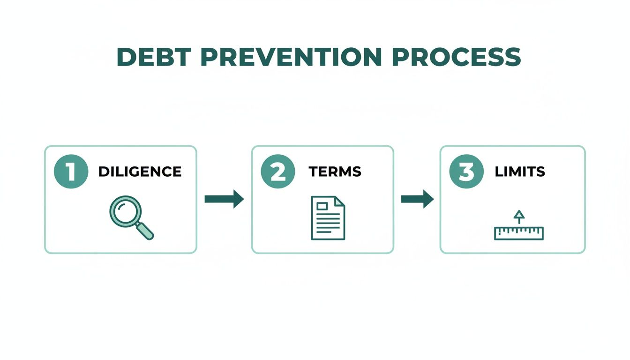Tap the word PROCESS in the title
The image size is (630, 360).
[x=456, y=57]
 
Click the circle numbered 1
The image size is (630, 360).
[x=70, y=172]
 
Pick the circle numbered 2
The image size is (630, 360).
[x=278, y=172]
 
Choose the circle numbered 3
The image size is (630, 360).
[x=466, y=172]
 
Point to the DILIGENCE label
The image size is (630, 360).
[x=140, y=172]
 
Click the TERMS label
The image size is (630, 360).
[x=335, y=172]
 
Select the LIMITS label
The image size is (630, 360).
[x=520, y=172]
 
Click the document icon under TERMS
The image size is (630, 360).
[x=328, y=218]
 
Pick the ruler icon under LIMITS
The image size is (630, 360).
[x=518, y=232]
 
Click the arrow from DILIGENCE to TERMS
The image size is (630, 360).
[x=224, y=199]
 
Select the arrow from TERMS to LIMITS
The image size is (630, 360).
[x=417, y=199]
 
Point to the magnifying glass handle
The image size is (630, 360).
[x=145, y=231]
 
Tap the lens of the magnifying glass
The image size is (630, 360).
[x=124, y=211]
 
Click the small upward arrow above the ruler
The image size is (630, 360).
[x=518, y=216]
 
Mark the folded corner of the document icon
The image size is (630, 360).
[x=340, y=201]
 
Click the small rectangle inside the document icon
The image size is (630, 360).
[x=322, y=206]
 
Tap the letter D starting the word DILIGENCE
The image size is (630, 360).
[x=103, y=172]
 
